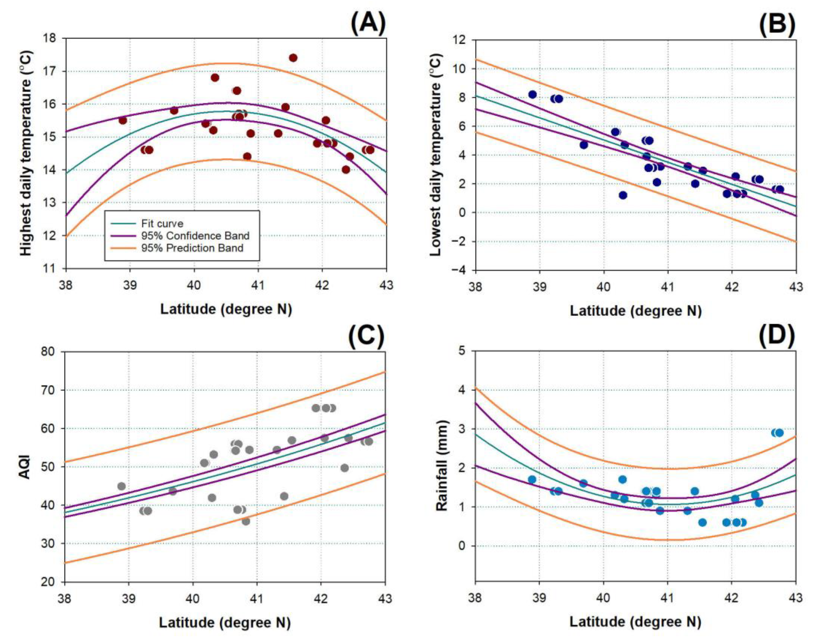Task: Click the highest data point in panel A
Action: [x=293, y=58]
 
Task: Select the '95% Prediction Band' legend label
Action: [x=192, y=248]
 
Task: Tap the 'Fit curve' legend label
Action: [x=162, y=224]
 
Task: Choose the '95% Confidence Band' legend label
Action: [x=195, y=236]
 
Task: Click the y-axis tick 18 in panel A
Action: [x=50, y=38]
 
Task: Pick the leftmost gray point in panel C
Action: [x=121, y=486]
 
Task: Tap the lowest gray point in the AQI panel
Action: [x=246, y=521]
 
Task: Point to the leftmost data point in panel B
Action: [x=532, y=95]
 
